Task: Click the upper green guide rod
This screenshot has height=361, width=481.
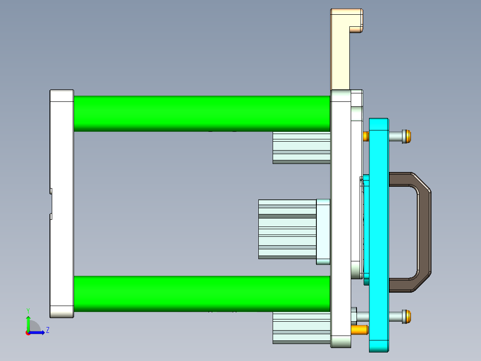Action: [201, 113]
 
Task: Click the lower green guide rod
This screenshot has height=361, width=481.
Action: [201, 294]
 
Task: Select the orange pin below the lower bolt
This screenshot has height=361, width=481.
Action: [359, 330]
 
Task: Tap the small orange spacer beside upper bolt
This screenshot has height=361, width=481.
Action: [366, 136]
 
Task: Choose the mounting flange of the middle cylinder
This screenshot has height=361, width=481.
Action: [323, 231]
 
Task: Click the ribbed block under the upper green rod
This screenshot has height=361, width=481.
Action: [301, 147]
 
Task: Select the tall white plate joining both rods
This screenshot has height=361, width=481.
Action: [341, 219]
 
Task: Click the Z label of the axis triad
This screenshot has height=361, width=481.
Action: [47, 330]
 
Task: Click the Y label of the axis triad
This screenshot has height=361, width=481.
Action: [28, 310]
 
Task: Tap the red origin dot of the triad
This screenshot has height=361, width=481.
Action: [28, 333]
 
